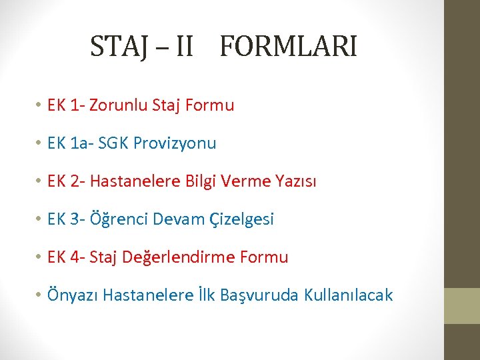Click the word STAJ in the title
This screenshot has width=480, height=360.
pyautogui.click(x=118, y=47)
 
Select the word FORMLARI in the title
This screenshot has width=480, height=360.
pyautogui.click(x=288, y=47)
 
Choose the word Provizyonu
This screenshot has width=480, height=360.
pyautogui.click(x=175, y=143)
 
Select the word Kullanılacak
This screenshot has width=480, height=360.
pyautogui.click(x=348, y=295)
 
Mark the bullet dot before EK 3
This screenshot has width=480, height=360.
pyautogui.click(x=40, y=219)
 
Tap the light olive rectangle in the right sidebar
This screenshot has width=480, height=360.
pyautogui.click(x=462, y=305)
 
